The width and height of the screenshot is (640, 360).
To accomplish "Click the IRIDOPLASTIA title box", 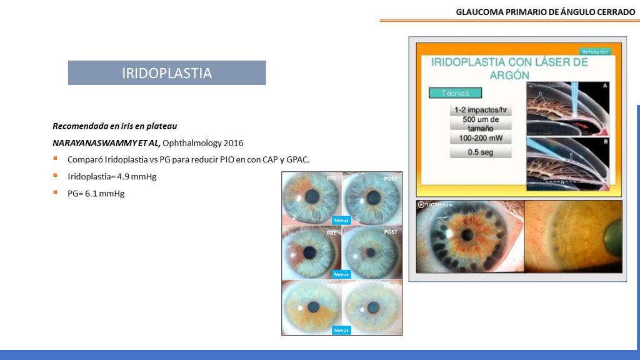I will click(x=166, y=73).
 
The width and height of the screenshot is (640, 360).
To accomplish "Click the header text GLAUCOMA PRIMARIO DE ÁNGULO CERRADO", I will click(x=545, y=11).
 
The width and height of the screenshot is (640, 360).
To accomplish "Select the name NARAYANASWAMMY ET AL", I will click(x=106, y=142).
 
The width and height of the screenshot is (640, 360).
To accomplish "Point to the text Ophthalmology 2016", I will click(x=202, y=142).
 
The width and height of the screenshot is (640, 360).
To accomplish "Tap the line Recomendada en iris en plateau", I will click(x=114, y=126).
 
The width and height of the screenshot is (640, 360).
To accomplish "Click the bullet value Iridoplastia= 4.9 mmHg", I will click(x=111, y=176).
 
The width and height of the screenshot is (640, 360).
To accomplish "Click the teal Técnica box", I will click(x=456, y=93).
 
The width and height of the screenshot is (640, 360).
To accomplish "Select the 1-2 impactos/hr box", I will click(x=481, y=110).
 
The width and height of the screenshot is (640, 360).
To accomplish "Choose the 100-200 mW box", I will click(x=481, y=137).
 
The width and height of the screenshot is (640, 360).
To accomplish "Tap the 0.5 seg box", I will click(x=481, y=152).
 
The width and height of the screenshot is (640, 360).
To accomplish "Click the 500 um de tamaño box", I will click(x=481, y=123).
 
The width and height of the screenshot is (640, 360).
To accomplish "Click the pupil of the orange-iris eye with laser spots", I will click(x=467, y=235).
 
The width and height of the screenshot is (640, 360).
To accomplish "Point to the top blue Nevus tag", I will click(x=341, y=220).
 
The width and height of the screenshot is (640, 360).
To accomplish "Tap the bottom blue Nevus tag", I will click(x=341, y=330).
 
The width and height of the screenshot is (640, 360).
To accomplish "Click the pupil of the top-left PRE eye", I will click(x=312, y=196).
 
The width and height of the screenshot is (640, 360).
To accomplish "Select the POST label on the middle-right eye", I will click(x=391, y=232).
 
